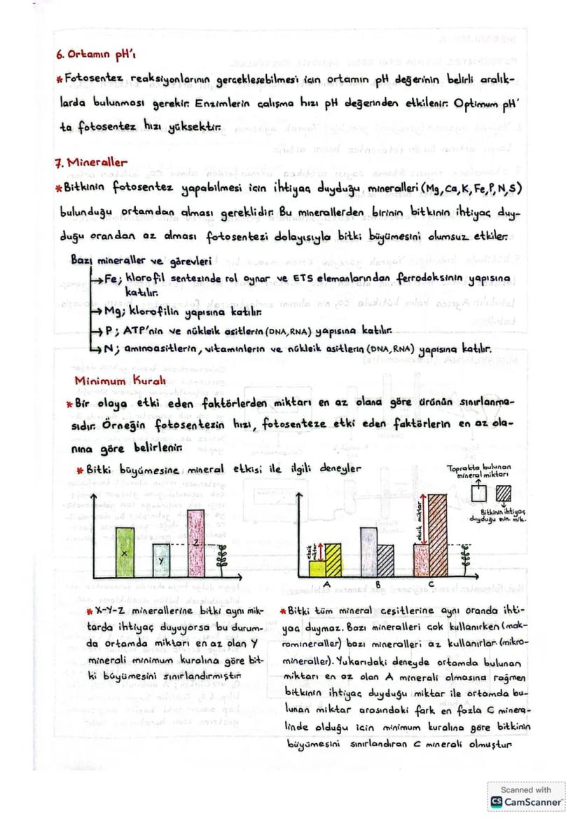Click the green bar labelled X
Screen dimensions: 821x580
[125, 552]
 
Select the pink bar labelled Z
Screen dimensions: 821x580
[197, 543]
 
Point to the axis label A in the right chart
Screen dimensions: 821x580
[328, 584]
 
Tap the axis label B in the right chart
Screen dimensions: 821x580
[378, 584]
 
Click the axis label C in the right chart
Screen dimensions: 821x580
[429, 584]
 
